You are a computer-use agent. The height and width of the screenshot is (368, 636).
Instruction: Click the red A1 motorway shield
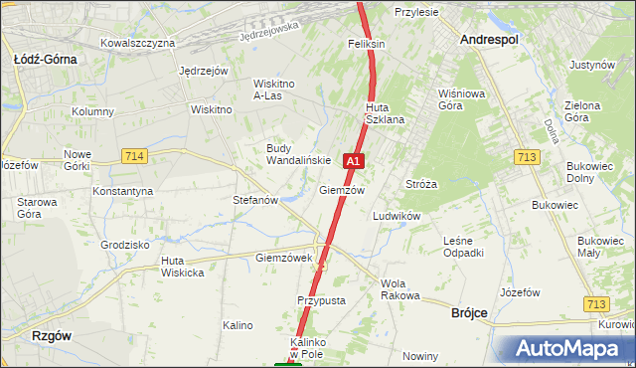(353, 160)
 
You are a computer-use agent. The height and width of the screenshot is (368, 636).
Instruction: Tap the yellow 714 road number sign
(135, 156)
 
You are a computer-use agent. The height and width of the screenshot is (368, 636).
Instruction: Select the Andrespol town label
(490, 39)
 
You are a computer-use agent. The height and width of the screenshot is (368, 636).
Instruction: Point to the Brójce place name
(469, 312)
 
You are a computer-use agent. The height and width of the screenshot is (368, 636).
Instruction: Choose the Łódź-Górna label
(45, 59)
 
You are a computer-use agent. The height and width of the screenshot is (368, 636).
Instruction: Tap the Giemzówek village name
(284, 258)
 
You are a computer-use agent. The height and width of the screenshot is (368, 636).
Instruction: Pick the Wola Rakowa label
(400, 289)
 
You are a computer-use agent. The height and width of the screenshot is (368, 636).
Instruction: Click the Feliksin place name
(366, 45)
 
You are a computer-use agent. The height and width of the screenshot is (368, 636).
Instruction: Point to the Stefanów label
(254, 200)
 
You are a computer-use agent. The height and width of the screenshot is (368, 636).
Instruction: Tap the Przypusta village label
(320, 299)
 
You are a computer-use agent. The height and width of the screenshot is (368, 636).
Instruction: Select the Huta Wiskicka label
(183, 267)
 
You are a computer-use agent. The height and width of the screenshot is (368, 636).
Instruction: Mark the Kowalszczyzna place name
(138, 44)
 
